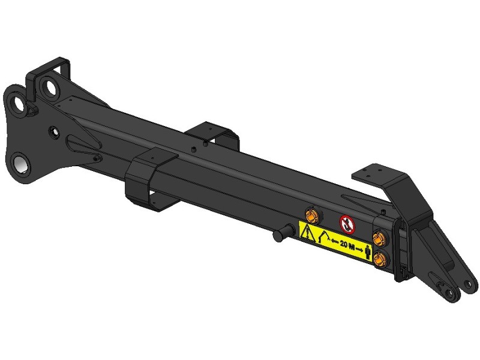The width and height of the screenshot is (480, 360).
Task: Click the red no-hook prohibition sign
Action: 347,224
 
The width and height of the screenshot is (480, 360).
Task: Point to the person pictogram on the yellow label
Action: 368,251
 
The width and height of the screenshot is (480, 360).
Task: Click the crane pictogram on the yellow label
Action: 323,238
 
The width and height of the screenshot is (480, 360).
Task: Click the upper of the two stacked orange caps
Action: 379,238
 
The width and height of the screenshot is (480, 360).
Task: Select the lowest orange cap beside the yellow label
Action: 380,258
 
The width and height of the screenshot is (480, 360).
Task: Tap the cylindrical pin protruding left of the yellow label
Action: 283,233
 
